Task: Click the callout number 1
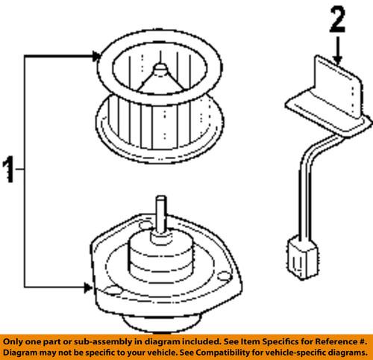coord(8,170)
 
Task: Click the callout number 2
coord(337,19)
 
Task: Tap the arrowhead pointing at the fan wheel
coord(96,56)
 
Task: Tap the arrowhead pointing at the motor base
coord(88,288)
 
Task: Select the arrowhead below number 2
coord(337,60)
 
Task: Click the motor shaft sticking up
coord(161,215)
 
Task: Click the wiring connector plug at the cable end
coord(302,258)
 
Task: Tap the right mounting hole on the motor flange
coord(224,276)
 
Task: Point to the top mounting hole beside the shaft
coord(145,225)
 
